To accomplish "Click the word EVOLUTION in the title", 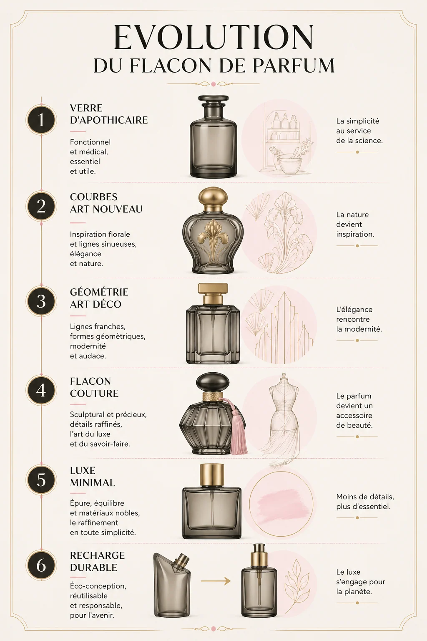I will pyautogui.click(x=213, y=38).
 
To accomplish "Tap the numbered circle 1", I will pyautogui.click(x=41, y=120).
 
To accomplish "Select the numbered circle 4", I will pyautogui.click(x=41, y=390).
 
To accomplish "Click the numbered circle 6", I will pyautogui.click(x=41, y=565).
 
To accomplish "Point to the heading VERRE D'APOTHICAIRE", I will pyautogui.click(x=108, y=114).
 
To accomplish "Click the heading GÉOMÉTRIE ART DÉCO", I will pyautogui.click(x=99, y=298).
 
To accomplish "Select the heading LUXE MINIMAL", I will pyautogui.click(x=92, y=477).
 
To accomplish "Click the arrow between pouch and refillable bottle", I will pyautogui.click(x=216, y=580).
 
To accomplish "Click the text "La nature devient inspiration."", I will pyautogui.click(x=355, y=225).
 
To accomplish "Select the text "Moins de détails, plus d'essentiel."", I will pyautogui.click(x=365, y=502).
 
